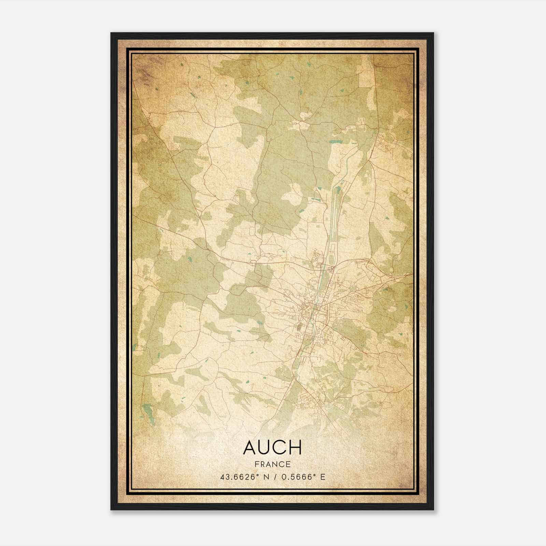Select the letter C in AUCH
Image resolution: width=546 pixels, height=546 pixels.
tap(281, 447)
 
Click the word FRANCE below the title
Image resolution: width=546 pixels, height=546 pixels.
tap(273, 464)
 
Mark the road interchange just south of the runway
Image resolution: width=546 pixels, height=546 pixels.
tap(331, 270)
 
